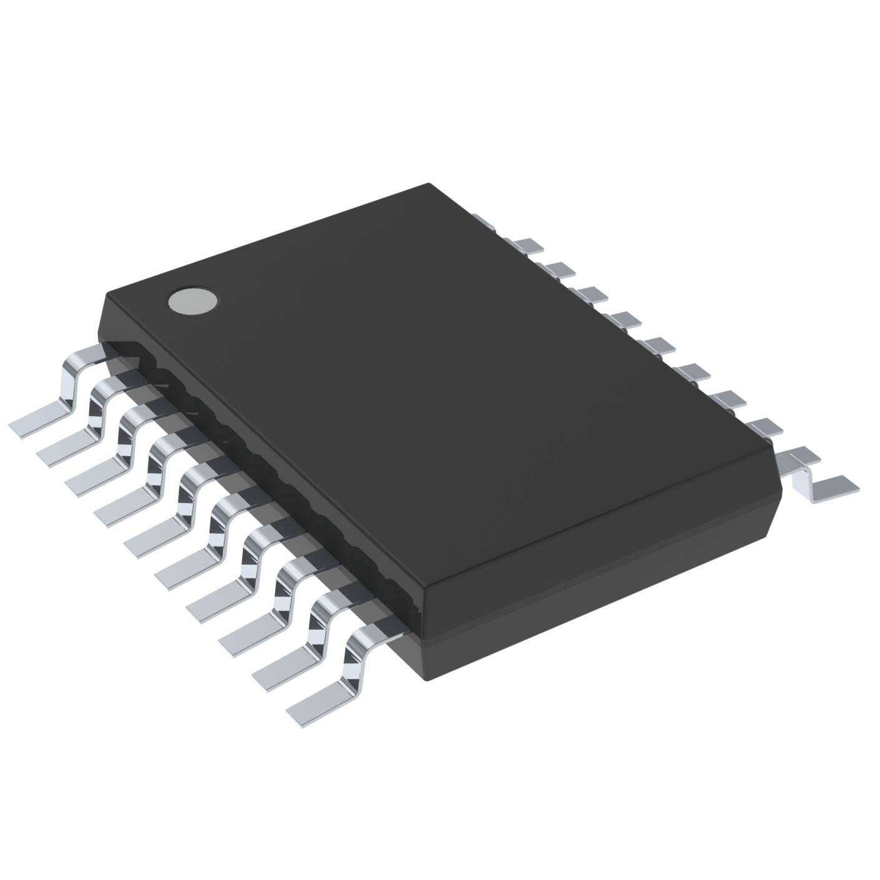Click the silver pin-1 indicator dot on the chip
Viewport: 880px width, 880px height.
coord(193,301)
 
